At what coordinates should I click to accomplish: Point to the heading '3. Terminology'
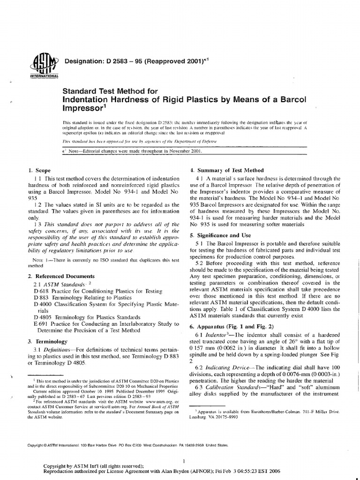(48, 341)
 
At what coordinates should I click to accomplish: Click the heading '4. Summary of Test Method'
(226, 170)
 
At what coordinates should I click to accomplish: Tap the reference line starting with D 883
(76, 297)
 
